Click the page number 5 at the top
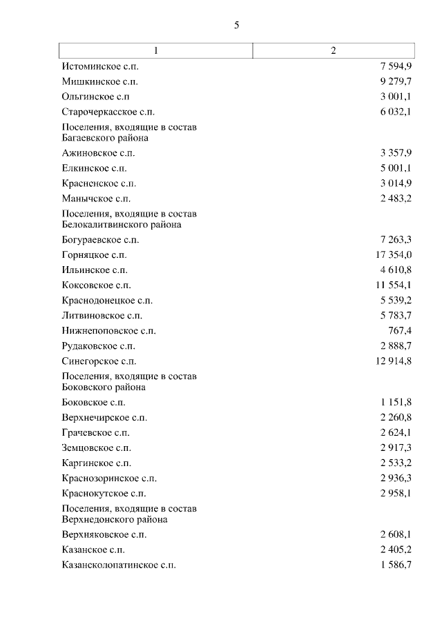click(x=236, y=26)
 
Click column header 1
click(x=156, y=51)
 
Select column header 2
click(x=334, y=51)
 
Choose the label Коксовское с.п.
click(x=96, y=285)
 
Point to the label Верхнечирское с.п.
click(x=104, y=418)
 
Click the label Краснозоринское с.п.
click(x=109, y=479)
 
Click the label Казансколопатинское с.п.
click(x=118, y=565)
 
